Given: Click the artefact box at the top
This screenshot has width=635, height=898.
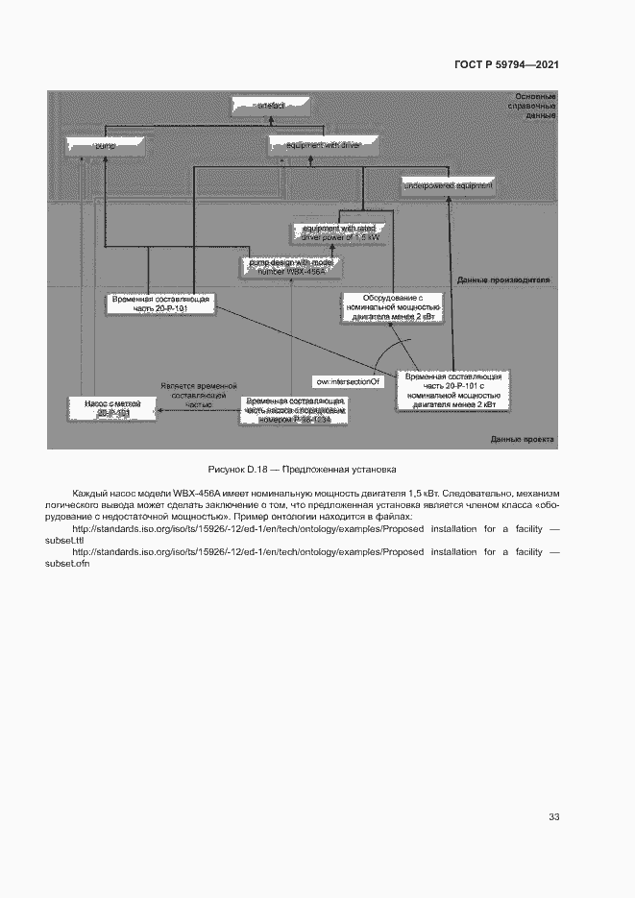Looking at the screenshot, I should pos(271,105).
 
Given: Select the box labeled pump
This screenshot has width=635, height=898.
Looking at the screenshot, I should pos(108,145).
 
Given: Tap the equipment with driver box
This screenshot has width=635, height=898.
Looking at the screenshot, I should pos(323,145).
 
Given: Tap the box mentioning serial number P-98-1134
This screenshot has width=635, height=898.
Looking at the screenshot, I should pos(293,410).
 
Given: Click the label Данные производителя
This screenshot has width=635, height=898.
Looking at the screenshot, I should pos(503,280).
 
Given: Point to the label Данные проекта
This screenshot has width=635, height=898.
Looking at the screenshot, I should pos(522,439).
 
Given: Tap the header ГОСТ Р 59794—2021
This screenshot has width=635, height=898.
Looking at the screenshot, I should pos(506,65).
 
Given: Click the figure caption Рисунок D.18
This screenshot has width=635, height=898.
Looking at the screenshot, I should pos(302,469).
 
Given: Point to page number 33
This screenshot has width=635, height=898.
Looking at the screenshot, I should pos(553,817).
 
